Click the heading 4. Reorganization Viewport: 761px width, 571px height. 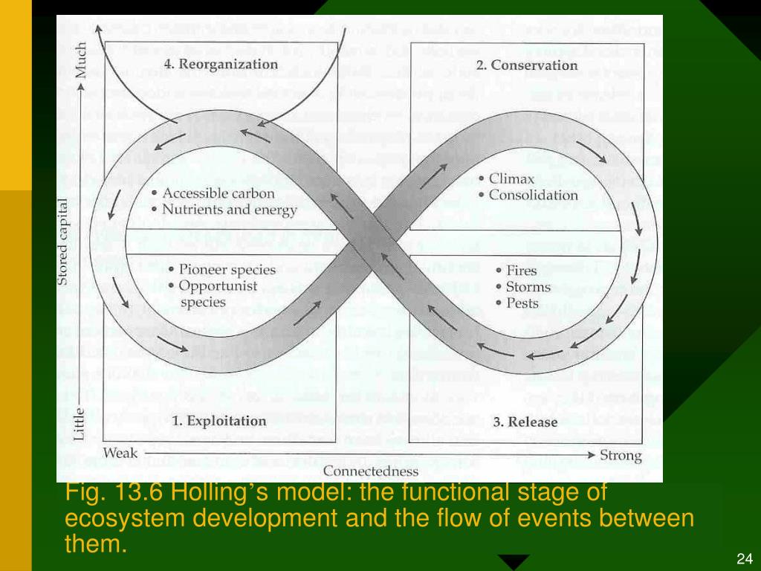[221, 64]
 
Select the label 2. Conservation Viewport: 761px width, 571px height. [525, 65]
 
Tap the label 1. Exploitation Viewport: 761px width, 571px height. [218, 421]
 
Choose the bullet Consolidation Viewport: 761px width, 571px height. [533, 196]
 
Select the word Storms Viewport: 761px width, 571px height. [528, 287]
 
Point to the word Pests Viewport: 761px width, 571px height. [522, 303]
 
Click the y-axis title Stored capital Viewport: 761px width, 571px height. [64, 242]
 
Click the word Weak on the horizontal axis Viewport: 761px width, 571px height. [120, 453]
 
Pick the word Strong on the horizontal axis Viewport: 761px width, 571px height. [620, 455]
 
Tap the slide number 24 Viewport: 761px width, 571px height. [745, 559]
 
